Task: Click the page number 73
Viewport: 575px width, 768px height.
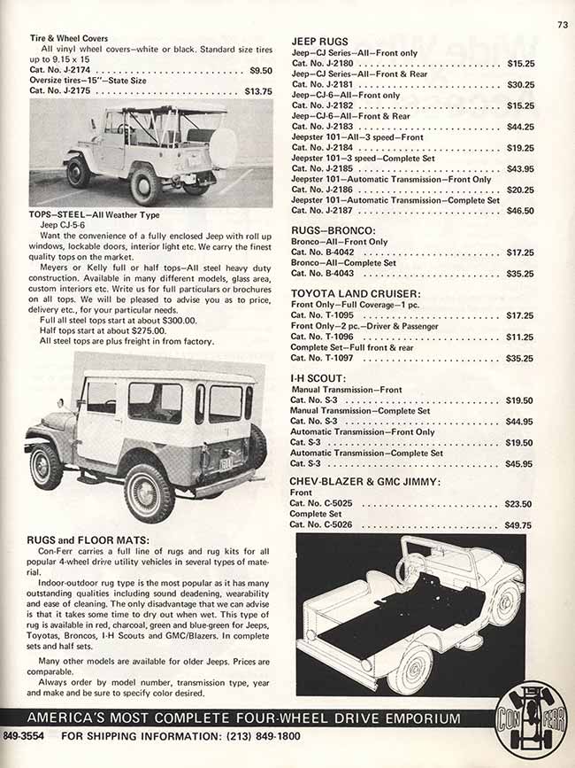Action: [562, 24]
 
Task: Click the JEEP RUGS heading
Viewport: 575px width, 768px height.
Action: [319, 42]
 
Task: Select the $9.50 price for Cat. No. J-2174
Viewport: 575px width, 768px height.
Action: [260, 70]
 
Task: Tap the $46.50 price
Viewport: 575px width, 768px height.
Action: [520, 211]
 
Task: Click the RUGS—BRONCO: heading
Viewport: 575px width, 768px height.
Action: [332, 229]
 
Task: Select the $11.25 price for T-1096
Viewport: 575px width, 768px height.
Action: [520, 337]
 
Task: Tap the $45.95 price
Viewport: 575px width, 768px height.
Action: [520, 463]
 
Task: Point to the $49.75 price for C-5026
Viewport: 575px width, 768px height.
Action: [520, 524]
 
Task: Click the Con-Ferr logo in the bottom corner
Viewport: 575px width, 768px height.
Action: [531, 719]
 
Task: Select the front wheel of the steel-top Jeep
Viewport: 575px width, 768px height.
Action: [47, 465]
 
